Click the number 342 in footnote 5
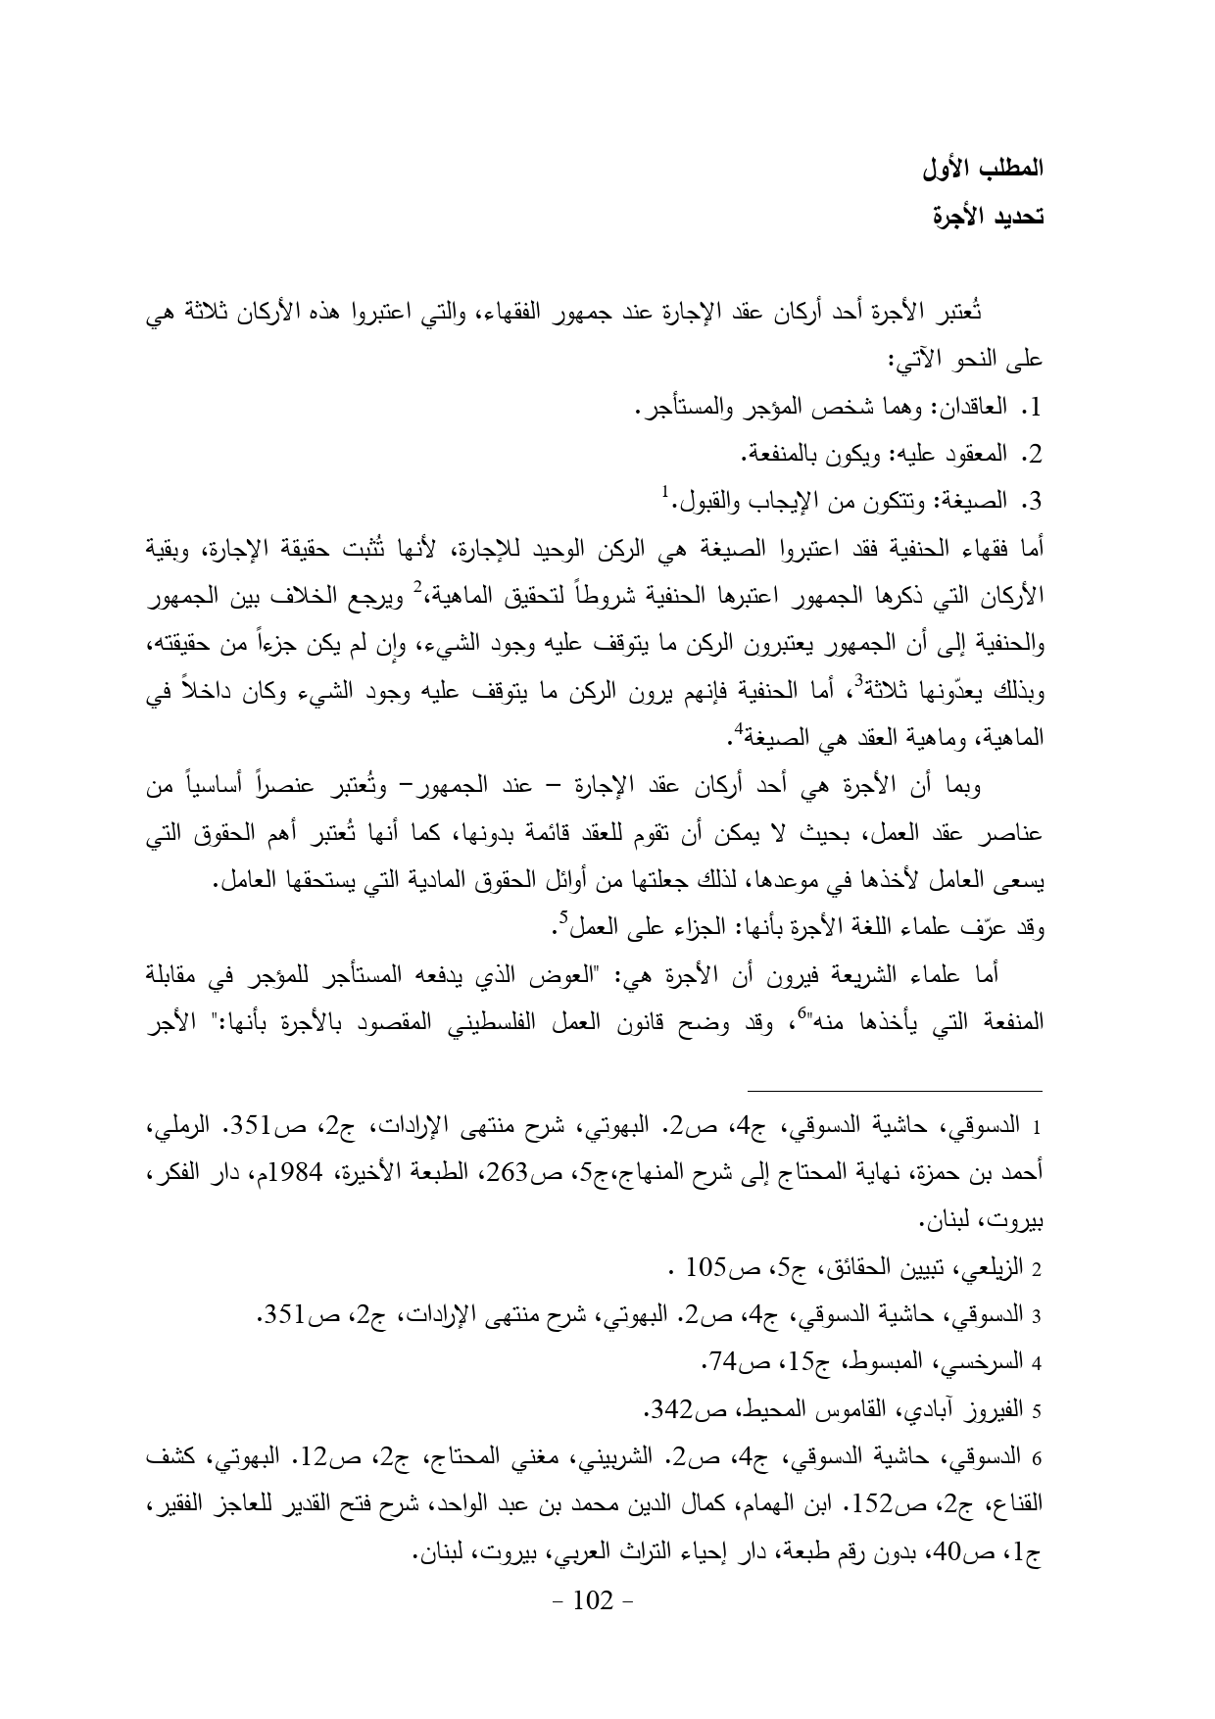click(673, 1409)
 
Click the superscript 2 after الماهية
click(417, 587)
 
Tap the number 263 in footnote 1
click(582, 1174)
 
